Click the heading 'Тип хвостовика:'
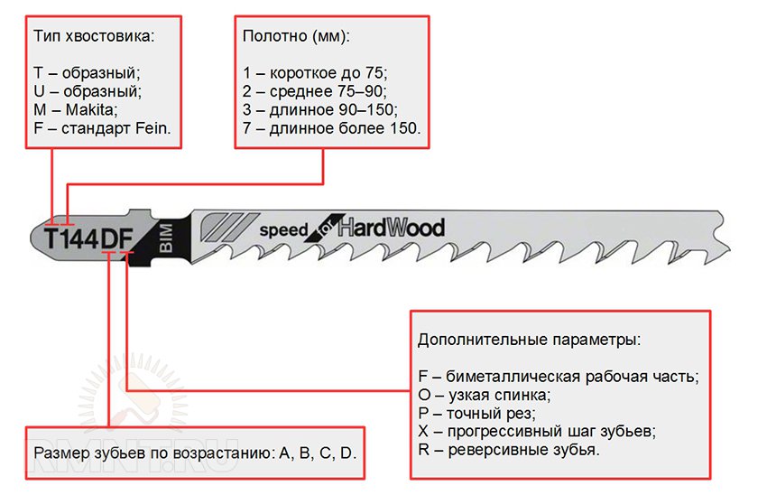tap(94, 36)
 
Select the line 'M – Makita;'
tap(76, 109)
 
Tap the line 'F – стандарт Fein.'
tap(102, 128)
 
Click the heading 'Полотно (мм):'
tap(297, 36)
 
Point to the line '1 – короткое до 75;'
tap(315, 73)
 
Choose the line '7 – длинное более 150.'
tap(332, 128)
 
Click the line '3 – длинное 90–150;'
tap(320, 109)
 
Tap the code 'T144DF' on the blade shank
tap(89, 238)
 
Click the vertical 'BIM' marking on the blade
tap(166, 238)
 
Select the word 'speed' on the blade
tap(284, 230)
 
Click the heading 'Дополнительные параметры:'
tap(530, 341)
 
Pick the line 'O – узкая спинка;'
tap(485, 395)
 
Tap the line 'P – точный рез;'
tap(477, 414)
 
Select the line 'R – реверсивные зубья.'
tap(509, 450)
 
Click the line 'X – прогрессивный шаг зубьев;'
tap(537, 432)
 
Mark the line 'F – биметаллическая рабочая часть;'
tap(559, 377)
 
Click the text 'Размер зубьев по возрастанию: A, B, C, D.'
tap(195, 453)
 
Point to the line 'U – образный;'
tap(88, 91)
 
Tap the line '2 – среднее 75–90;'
tap(315, 91)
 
